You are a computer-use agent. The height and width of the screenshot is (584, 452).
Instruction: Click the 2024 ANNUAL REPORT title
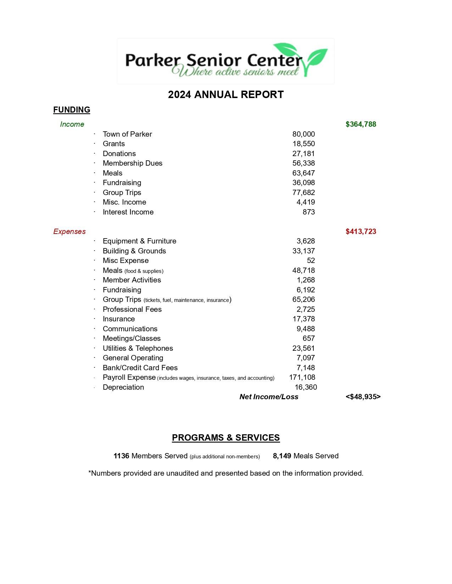pyautogui.click(x=226, y=95)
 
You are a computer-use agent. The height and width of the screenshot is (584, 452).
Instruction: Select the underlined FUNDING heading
pyautogui.click(x=72, y=110)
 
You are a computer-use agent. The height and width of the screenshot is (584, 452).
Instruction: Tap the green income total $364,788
pyautogui.click(x=361, y=124)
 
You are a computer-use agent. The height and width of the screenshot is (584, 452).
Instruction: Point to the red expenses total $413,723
pyautogui.click(x=361, y=231)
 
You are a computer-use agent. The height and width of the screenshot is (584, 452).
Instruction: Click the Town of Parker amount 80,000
pyautogui.click(x=303, y=134)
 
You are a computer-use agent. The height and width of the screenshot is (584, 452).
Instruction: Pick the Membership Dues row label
pyautogui.click(x=132, y=163)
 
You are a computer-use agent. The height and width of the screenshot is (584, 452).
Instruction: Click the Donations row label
pyautogui.click(x=119, y=154)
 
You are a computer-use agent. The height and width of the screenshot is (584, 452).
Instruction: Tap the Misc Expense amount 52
pyautogui.click(x=311, y=260)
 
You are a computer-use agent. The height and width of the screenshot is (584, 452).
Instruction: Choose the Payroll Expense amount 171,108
pyautogui.click(x=302, y=377)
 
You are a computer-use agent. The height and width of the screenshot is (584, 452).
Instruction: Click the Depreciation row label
pyautogui.click(x=123, y=387)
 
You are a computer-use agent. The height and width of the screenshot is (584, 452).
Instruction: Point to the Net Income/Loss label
pyautogui.click(x=269, y=397)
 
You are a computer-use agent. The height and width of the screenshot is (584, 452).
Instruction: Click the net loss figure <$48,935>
pyautogui.click(x=363, y=397)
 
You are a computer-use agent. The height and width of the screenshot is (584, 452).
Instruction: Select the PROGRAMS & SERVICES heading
pyautogui.click(x=226, y=438)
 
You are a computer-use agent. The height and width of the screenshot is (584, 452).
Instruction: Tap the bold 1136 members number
pyautogui.click(x=121, y=456)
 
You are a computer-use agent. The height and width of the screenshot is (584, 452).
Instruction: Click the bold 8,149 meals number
pyautogui.click(x=282, y=456)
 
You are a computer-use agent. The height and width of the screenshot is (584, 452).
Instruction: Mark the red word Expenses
pyautogui.click(x=69, y=231)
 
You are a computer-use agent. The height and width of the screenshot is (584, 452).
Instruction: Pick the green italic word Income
pyautogui.click(x=72, y=124)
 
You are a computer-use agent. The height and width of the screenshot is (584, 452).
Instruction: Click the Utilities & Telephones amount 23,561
pyautogui.click(x=303, y=348)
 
